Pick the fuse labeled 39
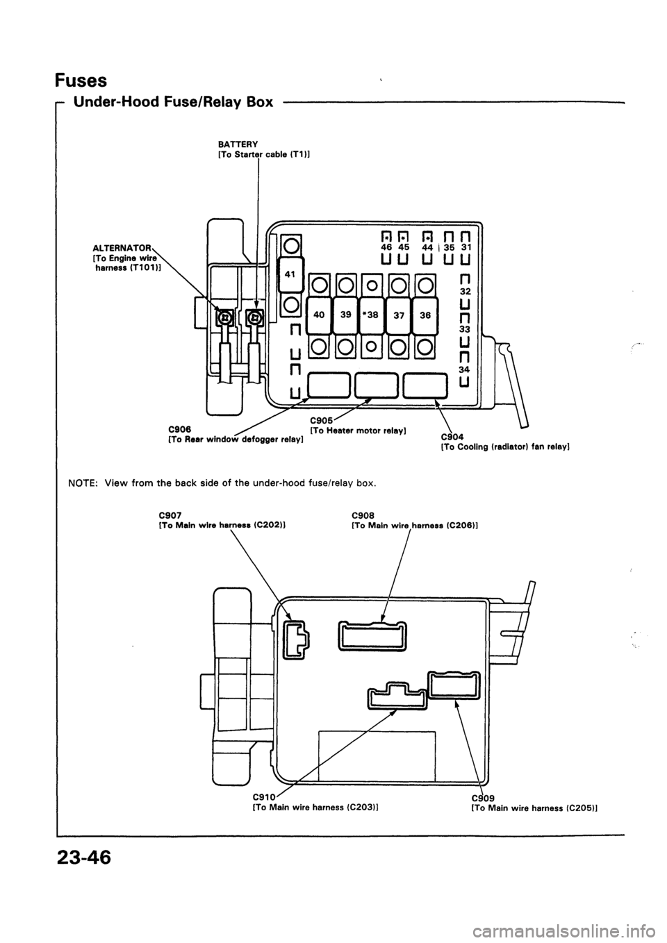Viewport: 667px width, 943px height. click(x=345, y=315)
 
